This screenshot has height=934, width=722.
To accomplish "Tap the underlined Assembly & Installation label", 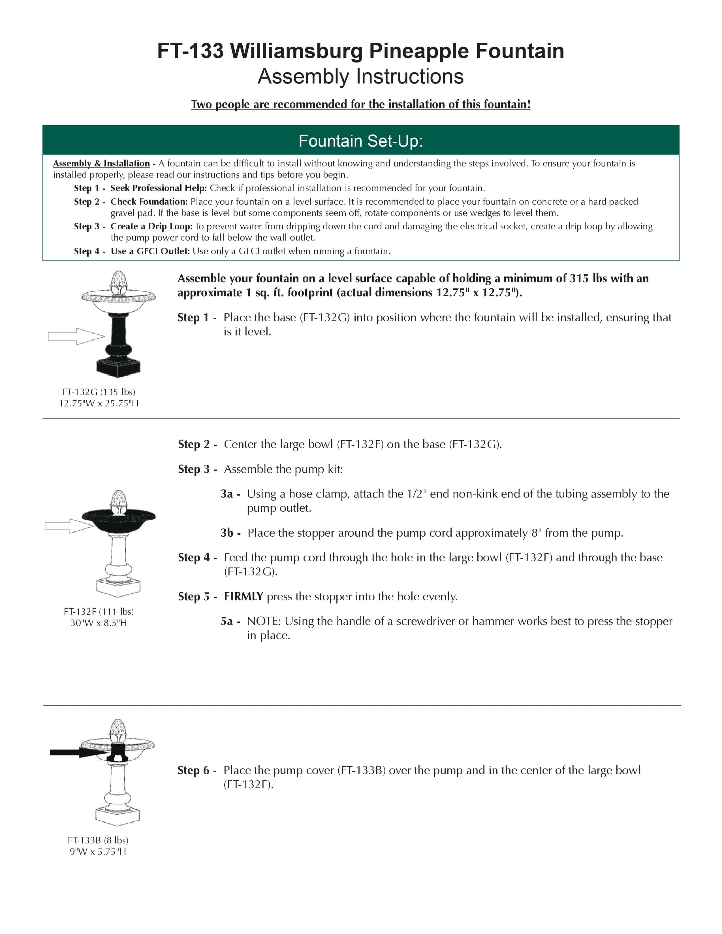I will point(101,163).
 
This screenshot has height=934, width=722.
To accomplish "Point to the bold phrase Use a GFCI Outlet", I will point(150,251).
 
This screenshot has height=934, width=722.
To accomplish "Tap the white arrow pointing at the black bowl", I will point(69,526).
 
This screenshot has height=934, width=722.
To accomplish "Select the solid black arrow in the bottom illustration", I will point(79,752).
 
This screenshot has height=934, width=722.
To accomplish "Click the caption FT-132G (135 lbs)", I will point(99,392).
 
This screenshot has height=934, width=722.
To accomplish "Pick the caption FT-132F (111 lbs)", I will point(99,612).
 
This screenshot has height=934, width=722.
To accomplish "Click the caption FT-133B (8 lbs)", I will point(98,840).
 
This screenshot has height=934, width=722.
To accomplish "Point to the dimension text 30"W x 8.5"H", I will point(99,623).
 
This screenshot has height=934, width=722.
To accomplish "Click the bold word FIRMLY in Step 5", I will point(243,596).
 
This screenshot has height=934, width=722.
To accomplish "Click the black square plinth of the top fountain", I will point(118,367).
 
